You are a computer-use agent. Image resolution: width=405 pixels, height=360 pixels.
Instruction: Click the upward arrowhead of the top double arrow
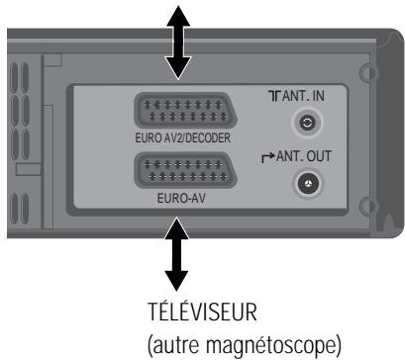[x=176, y=12]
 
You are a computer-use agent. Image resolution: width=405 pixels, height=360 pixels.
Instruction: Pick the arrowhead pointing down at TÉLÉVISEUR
[x=176, y=280]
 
